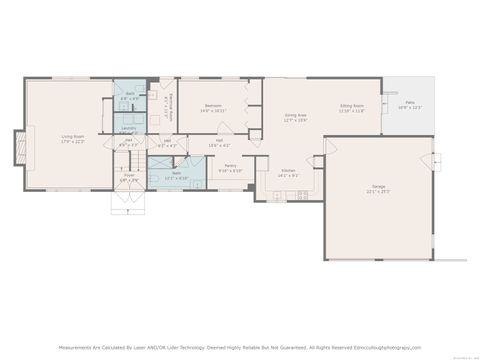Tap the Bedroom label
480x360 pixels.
pyautogui.click(x=213, y=105)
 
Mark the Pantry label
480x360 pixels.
pyautogui.click(x=230, y=165)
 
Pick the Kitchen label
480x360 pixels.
pyautogui.click(x=288, y=170)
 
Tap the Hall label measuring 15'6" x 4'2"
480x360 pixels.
pyautogui.click(x=218, y=142)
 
